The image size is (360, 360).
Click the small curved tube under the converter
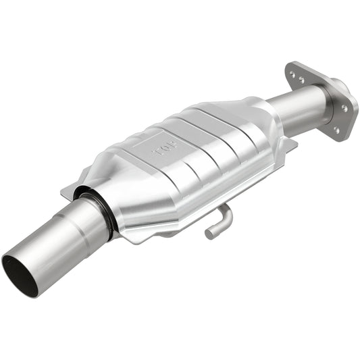point(219,222)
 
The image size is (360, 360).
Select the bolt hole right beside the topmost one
point(301,80)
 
